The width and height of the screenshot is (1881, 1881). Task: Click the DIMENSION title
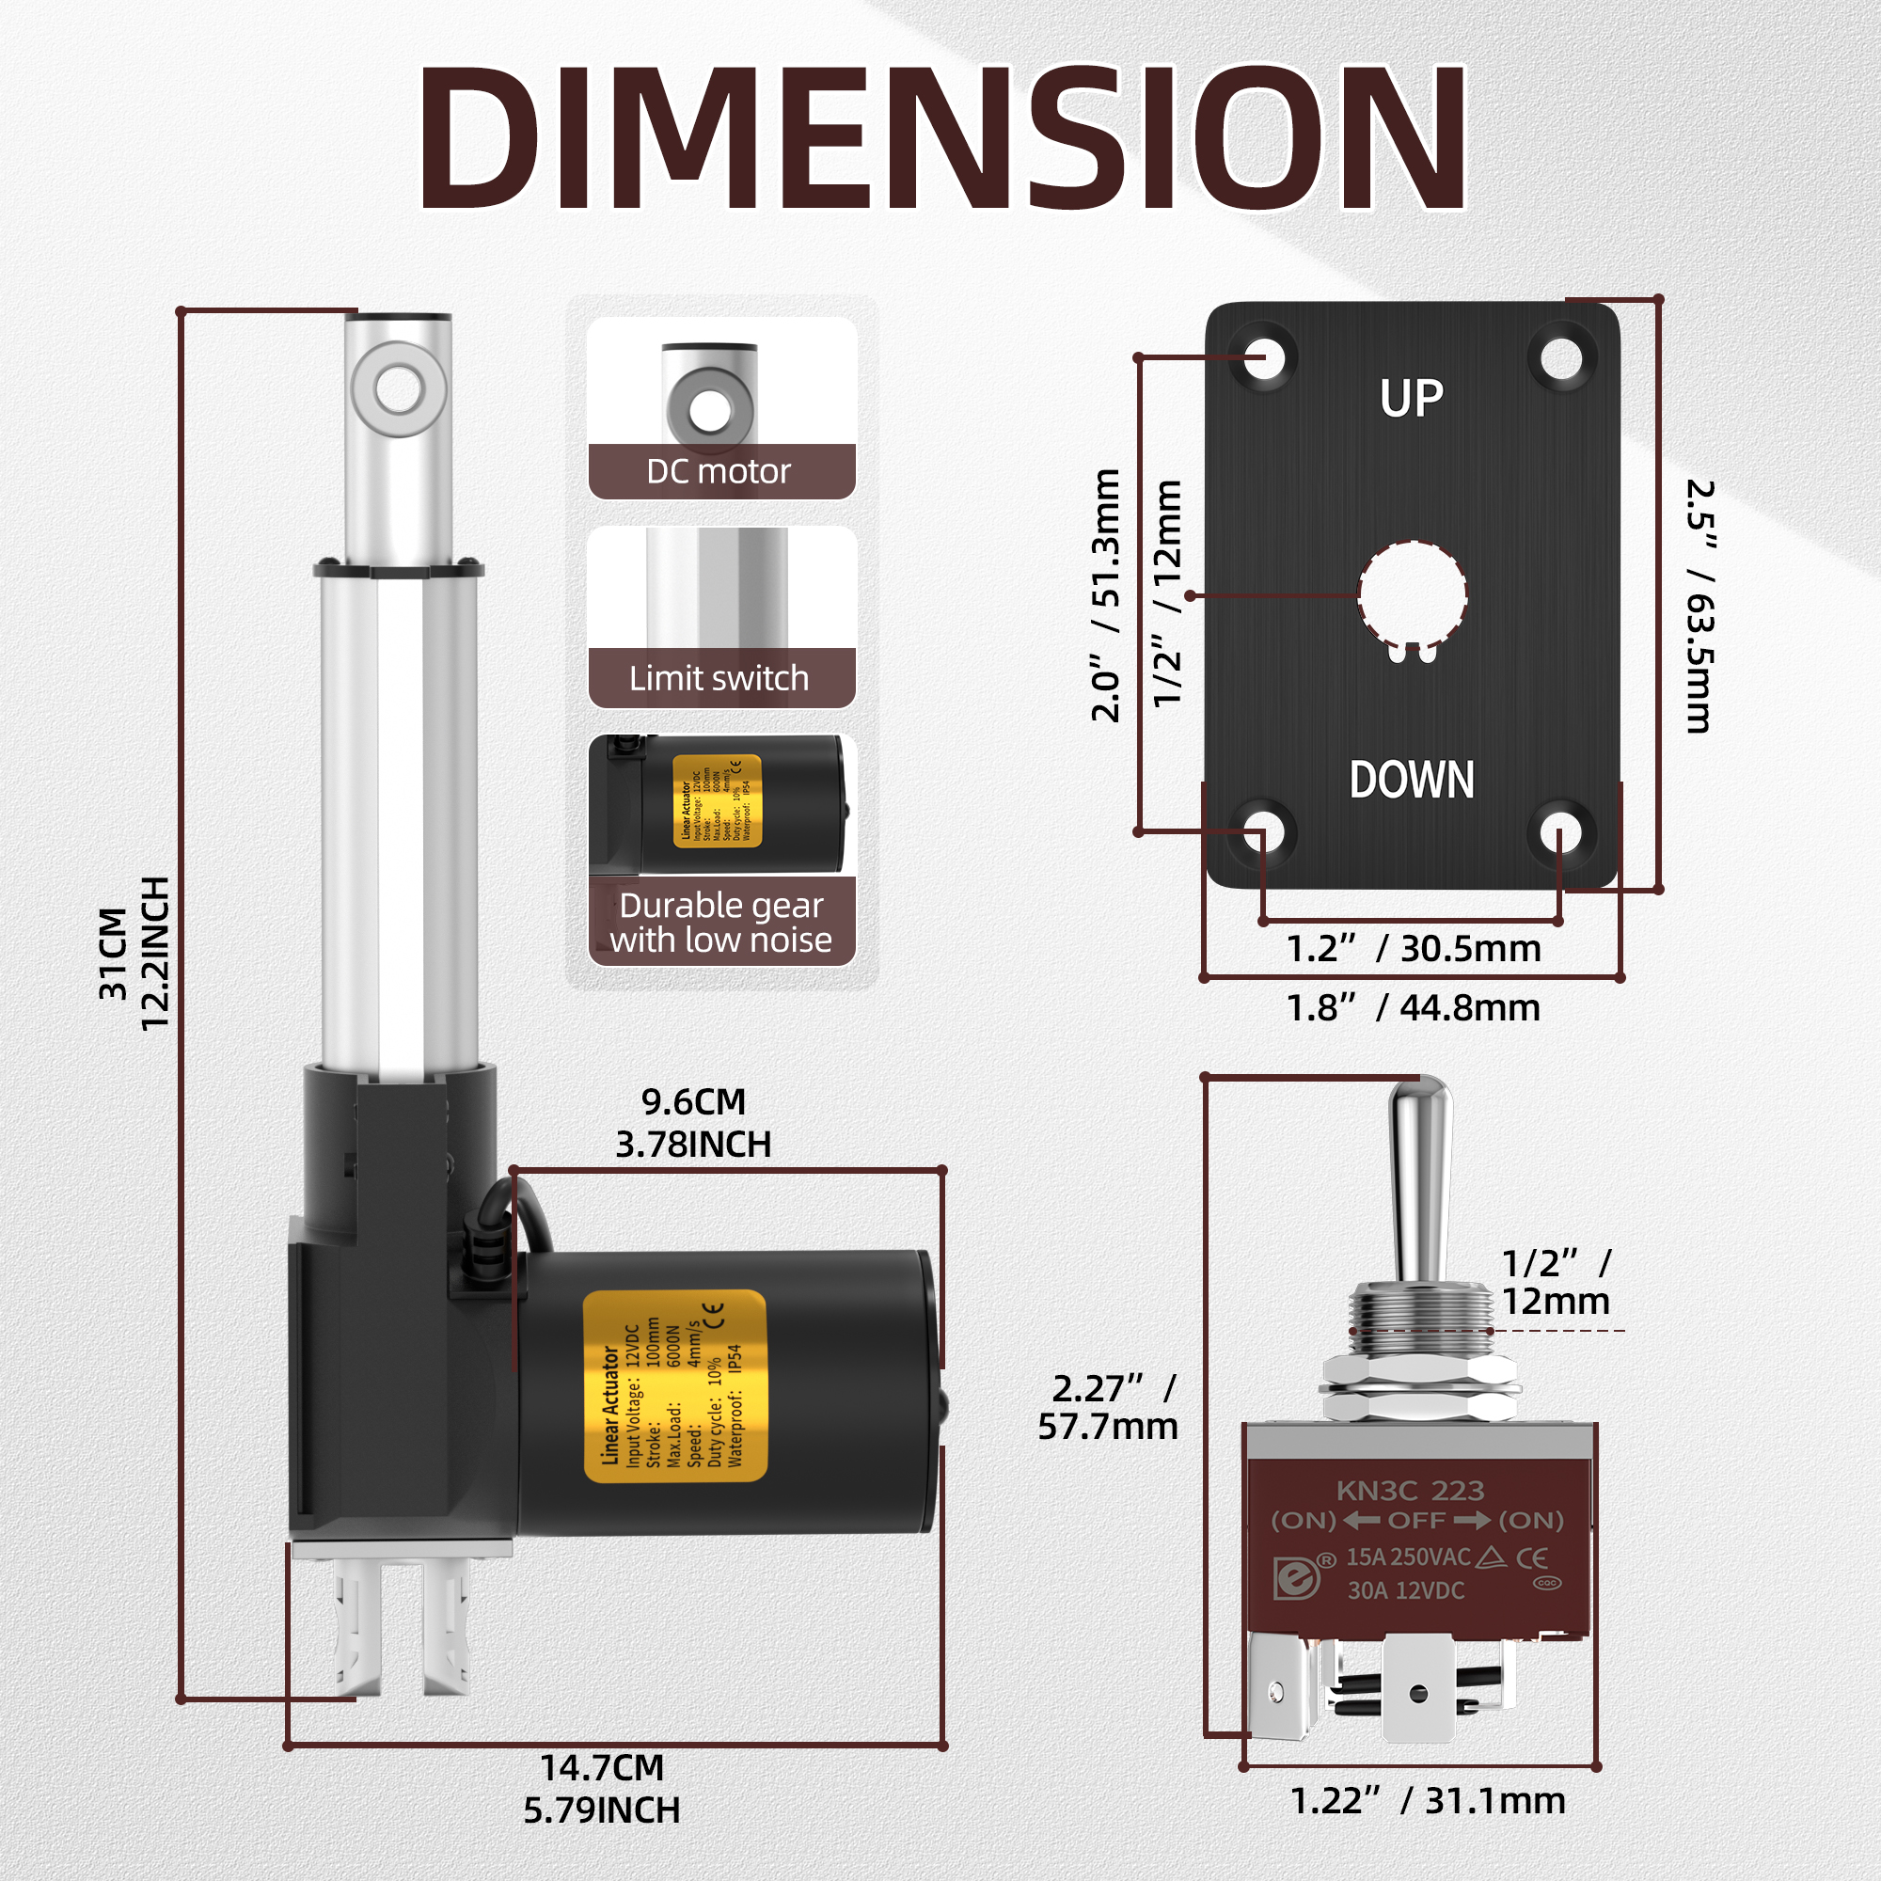(940, 137)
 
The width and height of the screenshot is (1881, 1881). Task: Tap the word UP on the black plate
(1411, 398)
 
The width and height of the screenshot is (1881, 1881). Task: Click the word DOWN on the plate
(1411, 780)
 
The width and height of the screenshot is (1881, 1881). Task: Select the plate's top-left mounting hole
(1264, 357)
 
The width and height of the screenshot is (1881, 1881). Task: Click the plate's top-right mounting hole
(1561, 357)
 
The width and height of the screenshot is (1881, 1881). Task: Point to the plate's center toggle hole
(1412, 593)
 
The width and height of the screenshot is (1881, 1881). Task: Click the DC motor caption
(719, 472)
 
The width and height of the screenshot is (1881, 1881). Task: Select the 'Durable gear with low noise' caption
(720, 923)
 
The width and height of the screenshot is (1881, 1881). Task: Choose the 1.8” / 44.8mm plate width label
(1413, 1008)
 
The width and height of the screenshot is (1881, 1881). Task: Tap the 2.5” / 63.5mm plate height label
(1699, 606)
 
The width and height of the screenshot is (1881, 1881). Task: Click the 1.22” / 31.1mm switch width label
(1428, 1801)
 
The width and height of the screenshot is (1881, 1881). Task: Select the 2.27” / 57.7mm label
(1108, 1407)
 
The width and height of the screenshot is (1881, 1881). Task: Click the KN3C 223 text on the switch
(1410, 1491)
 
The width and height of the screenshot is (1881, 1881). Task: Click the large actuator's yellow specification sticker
(674, 1386)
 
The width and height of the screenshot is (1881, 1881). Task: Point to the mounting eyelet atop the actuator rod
(399, 390)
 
